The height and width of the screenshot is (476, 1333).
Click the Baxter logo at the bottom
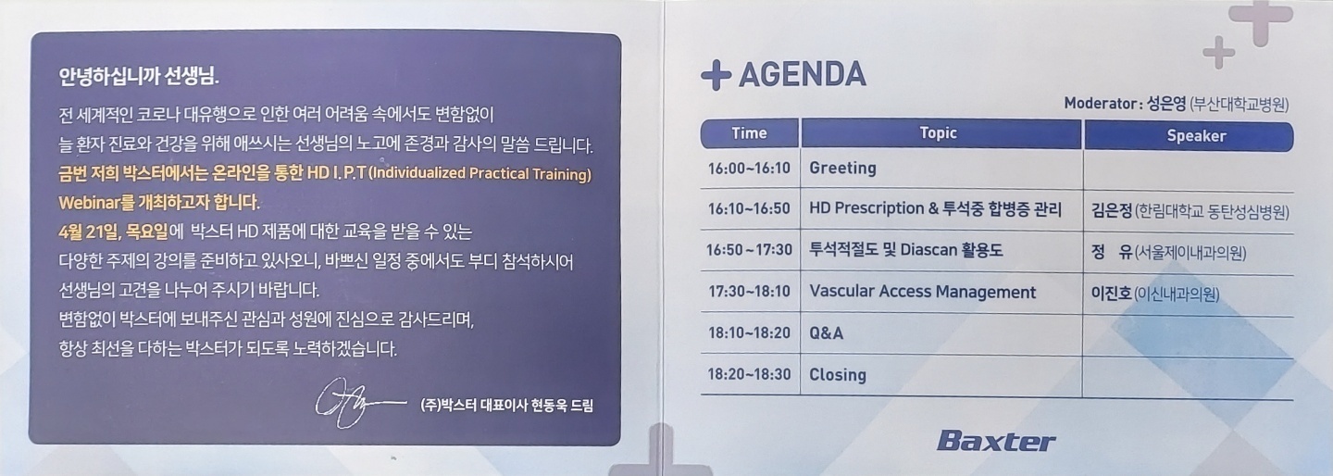pyautogui.click(x=996, y=442)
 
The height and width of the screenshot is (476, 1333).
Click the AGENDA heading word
pyautogui.click(x=803, y=74)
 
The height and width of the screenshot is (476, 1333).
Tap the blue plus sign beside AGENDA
pyautogui.click(x=716, y=76)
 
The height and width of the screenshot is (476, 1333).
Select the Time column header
pyautogui.click(x=749, y=133)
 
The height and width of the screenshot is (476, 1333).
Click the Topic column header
pyautogui.click(x=938, y=133)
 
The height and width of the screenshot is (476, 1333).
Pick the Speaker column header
pyautogui.click(x=1196, y=136)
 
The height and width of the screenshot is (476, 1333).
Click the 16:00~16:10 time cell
pyautogui.click(x=749, y=169)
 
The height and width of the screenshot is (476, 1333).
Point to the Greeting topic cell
pyautogui.click(x=842, y=169)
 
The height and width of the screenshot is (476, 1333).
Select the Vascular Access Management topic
pyautogui.click(x=922, y=292)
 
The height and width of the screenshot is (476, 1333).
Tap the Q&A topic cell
pyautogui.click(x=826, y=333)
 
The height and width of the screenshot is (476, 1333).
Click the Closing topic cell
pyautogui.click(x=837, y=375)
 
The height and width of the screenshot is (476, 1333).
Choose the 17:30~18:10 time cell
pyautogui.click(x=749, y=292)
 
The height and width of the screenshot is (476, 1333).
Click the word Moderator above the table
pyautogui.click(x=1101, y=104)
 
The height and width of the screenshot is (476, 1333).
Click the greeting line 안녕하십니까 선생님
pyautogui.click(x=139, y=77)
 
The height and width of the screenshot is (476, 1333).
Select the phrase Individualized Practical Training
pyautogui.click(x=480, y=174)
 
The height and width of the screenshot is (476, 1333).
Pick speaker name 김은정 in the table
pyautogui.click(x=1111, y=210)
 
